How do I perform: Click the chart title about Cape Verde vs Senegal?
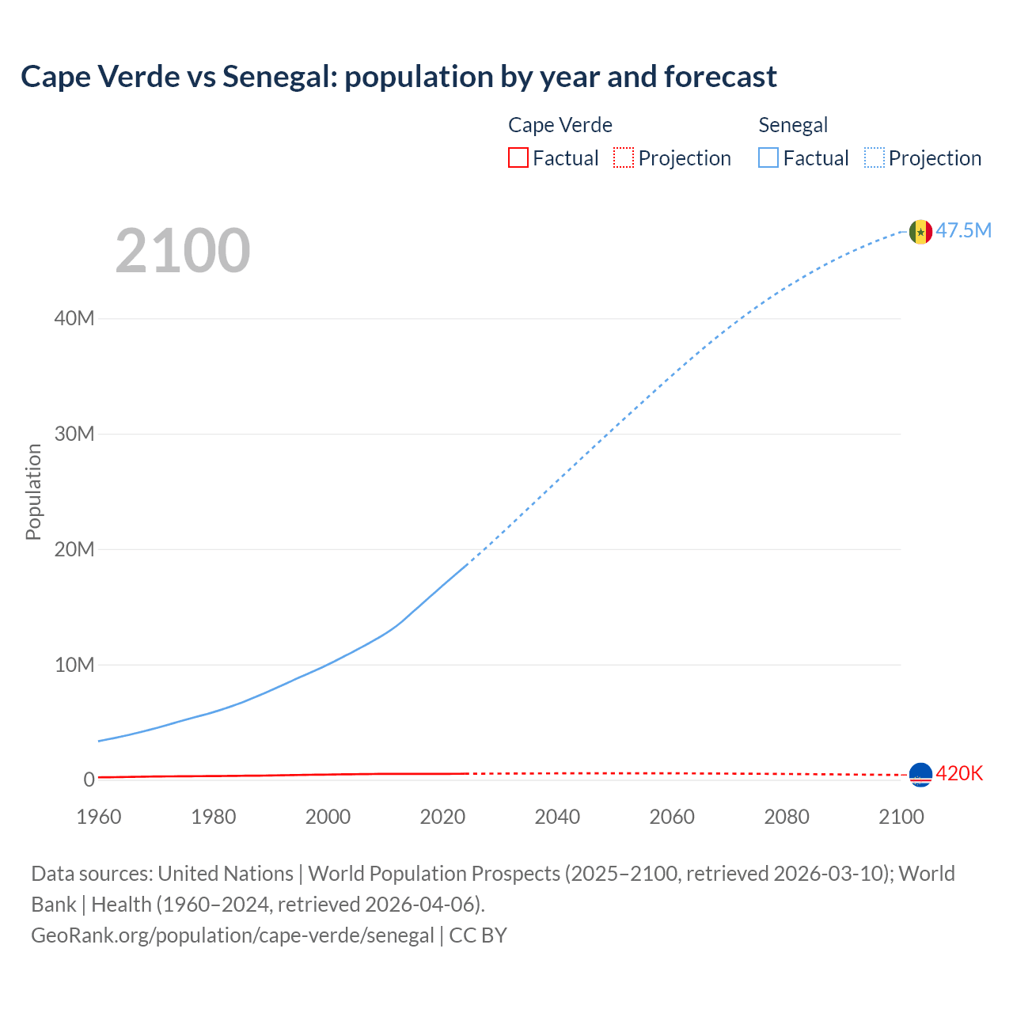[x=399, y=77]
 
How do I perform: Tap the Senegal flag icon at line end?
[x=920, y=232]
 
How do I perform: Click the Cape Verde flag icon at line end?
[x=920, y=775]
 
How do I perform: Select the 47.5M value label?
[x=963, y=230]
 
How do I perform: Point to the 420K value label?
[x=959, y=773]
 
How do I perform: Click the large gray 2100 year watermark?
[x=183, y=251]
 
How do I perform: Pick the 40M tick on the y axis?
[x=74, y=318]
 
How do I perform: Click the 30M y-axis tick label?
[x=74, y=434]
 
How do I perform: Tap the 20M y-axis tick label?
[x=74, y=549]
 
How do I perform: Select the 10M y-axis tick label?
[x=74, y=665]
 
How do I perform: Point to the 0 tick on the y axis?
[x=89, y=780]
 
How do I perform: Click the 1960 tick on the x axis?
[x=99, y=817]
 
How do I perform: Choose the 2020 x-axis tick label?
[x=442, y=817]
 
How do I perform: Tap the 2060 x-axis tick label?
[x=672, y=817]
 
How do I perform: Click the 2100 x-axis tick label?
[x=901, y=817]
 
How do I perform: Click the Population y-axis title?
[x=33, y=491]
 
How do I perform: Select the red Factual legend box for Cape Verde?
[x=518, y=157]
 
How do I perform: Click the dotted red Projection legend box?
[x=624, y=157]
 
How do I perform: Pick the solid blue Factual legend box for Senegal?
[x=768, y=157]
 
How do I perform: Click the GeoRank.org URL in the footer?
[x=233, y=935]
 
